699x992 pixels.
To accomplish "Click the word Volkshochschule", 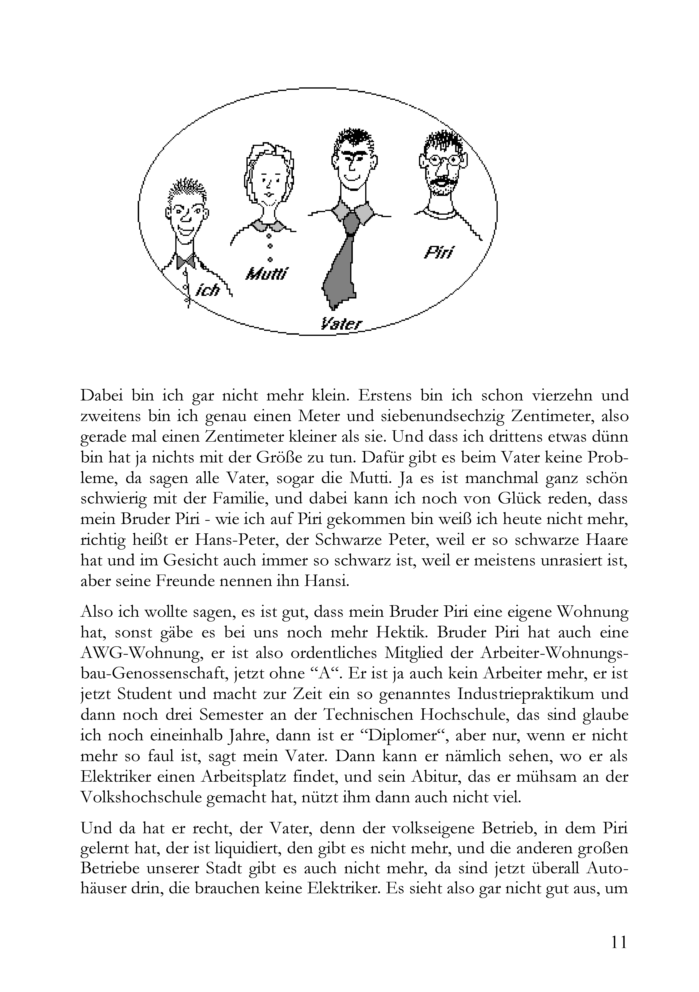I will pos(141,797).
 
